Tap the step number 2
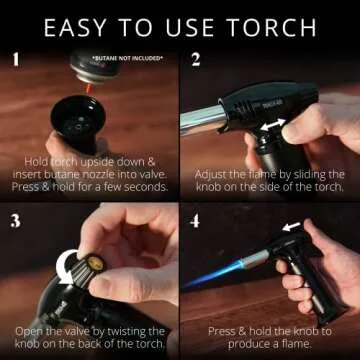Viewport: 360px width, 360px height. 196,59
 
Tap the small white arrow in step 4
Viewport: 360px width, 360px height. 290,227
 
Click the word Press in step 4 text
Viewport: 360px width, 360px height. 225,331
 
